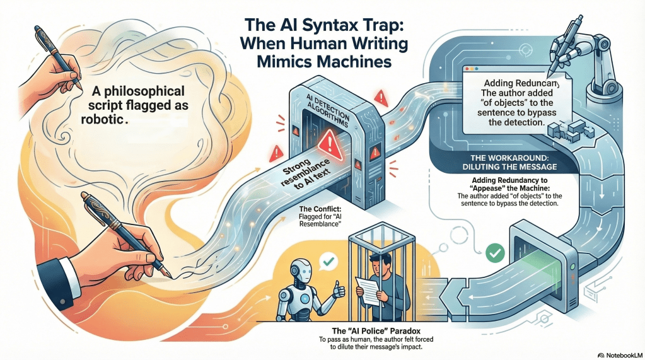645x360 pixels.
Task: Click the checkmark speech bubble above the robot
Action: (x=326, y=258)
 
